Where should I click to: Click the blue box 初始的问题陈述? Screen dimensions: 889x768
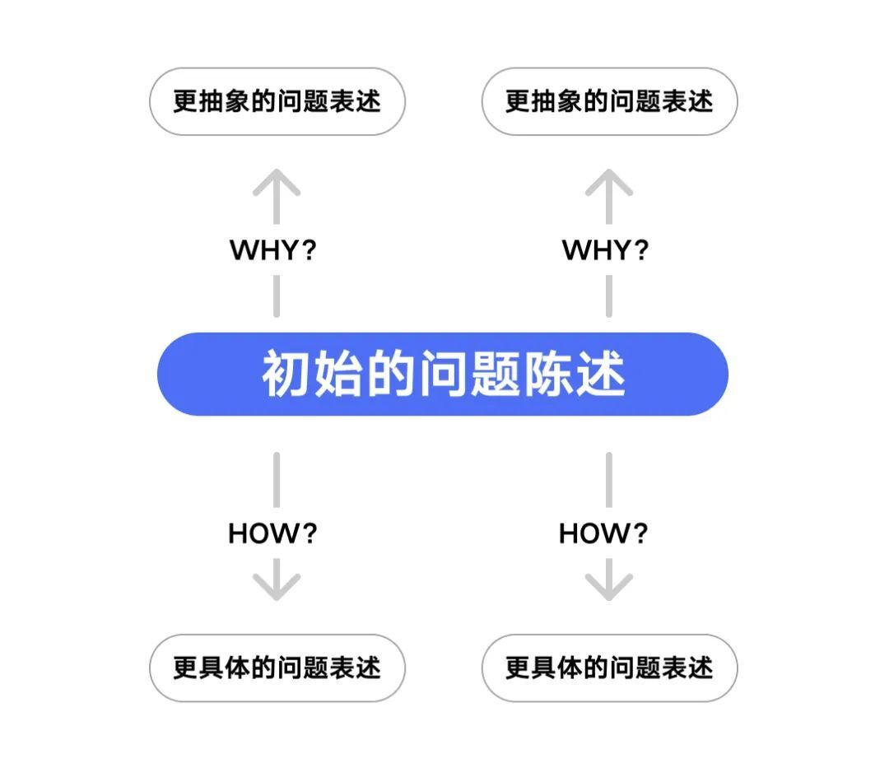point(442,374)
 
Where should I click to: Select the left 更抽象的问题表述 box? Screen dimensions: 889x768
point(277,101)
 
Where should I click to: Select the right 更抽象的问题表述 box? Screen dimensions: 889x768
point(609,101)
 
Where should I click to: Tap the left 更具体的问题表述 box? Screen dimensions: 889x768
point(277,668)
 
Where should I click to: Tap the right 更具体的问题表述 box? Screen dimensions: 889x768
point(609,668)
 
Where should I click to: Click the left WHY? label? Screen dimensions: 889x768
point(272,250)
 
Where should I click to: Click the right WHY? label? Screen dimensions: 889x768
point(605,250)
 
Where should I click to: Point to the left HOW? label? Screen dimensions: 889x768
point(272,533)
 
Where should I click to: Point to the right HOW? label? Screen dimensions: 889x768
point(603,533)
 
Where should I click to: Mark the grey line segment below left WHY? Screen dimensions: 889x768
point(277,296)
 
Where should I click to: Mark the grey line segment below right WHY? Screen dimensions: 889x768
point(609,296)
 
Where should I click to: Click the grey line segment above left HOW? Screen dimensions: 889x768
point(277,480)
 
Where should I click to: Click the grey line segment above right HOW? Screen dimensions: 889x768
point(609,480)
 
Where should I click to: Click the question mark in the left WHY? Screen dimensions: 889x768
point(309,250)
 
